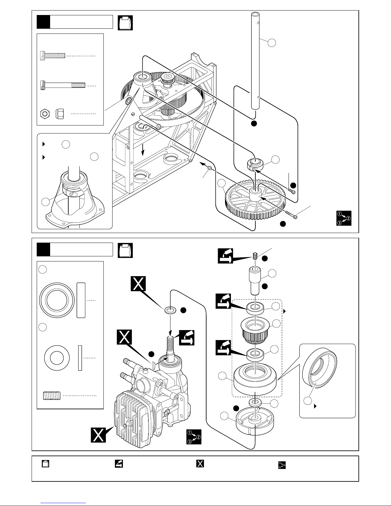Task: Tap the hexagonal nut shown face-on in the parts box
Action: [45, 114]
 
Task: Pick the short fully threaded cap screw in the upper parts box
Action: [53, 56]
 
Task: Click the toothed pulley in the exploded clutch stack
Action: [255, 330]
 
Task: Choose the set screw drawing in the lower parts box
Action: [52, 396]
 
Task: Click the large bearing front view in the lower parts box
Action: [57, 300]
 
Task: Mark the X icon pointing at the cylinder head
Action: [98, 435]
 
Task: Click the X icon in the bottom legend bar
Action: [200, 464]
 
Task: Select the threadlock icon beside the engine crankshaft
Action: [187, 338]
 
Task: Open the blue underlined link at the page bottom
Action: [63, 503]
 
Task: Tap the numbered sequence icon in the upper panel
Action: [344, 218]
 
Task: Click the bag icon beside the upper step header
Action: [125, 23]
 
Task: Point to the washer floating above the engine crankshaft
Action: [170, 310]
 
